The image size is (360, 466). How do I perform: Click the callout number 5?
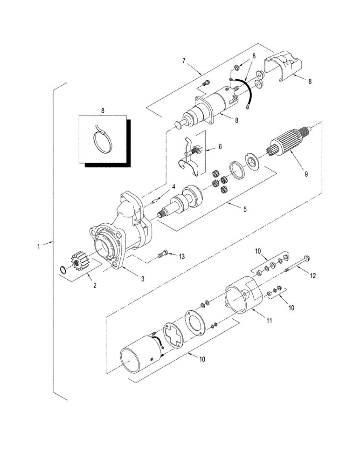click(x=246, y=209)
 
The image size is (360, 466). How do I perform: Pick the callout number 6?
click(x=220, y=146)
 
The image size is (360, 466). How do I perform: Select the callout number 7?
click(x=184, y=61)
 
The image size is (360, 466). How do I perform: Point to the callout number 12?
click(x=313, y=275)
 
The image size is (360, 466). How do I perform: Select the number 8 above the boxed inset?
click(x=103, y=110)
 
